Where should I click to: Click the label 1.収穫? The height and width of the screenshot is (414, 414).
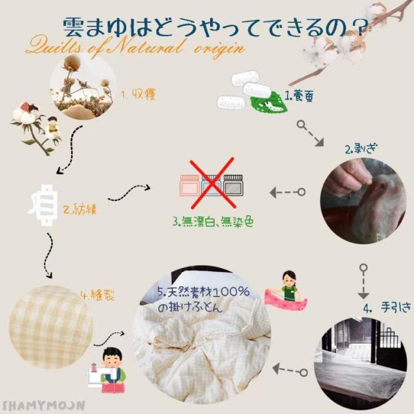coord(139,94)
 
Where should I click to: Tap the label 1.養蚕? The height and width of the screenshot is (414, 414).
coord(299,96)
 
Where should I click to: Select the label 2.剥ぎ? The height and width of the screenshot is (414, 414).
coord(362,149)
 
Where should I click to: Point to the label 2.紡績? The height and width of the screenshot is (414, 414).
coord(80,209)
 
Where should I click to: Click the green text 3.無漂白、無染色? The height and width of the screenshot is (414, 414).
coord(213,222)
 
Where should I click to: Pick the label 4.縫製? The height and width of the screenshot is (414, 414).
coord(98,295)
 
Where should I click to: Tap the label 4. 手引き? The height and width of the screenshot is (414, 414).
coord(387,307)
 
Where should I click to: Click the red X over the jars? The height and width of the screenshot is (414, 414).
coord(213,183)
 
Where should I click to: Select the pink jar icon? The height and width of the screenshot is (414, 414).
coord(190,185)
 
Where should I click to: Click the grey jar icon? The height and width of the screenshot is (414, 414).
coord(233,185)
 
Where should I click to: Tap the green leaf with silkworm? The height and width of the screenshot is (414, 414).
coord(269,102)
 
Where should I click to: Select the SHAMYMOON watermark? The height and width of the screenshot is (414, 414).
coord(44,405)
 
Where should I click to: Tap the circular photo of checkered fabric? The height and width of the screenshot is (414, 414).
coord(51,327)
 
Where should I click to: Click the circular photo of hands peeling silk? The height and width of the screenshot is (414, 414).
coord(363,201)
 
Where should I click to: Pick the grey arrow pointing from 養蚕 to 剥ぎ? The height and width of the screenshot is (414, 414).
coord(310,134)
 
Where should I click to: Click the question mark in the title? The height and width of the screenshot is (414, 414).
coord(359,28)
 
